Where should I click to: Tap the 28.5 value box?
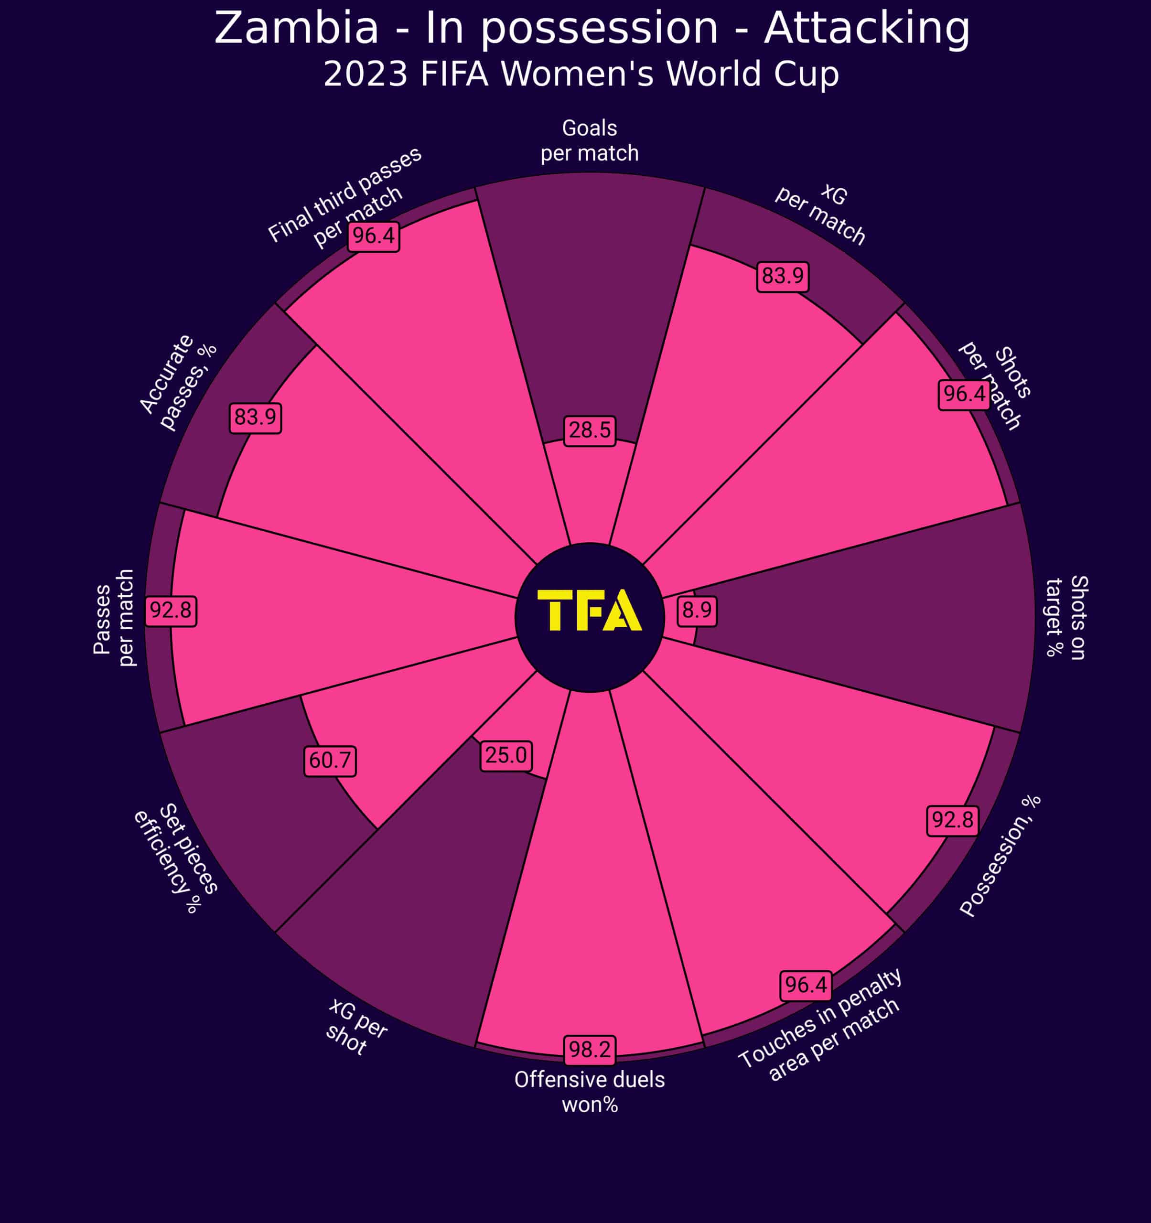tap(589, 430)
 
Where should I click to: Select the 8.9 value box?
tap(697, 610)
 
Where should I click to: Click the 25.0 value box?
tap(506, 755)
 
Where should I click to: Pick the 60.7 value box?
tap(330, 761)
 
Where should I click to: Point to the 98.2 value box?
tap(589, 1050)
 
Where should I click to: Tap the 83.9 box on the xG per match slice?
tap(783, 276)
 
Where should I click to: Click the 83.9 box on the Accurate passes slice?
tap(255, 418)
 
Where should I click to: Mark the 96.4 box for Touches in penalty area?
tap(806, 985)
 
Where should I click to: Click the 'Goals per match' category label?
tap(589, 140)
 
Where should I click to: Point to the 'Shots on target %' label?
tap(1066, 617)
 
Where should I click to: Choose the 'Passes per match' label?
tap(114, 618)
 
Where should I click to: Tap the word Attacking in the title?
tap(867, 28)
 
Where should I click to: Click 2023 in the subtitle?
tap(366, 75)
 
